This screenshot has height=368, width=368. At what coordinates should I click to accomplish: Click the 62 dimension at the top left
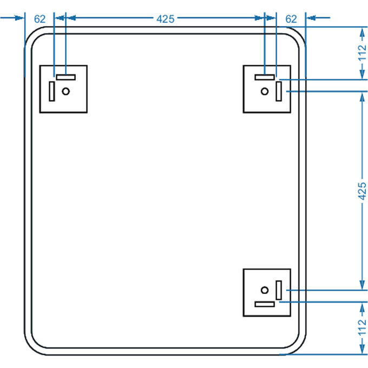click(x=40, y=18)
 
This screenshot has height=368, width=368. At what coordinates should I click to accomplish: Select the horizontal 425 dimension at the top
click(x=165, y=18)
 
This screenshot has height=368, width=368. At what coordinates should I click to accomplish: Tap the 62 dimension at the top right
click(x=291, y=18)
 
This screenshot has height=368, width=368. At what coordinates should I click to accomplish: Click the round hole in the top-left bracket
click(x=66, y=91)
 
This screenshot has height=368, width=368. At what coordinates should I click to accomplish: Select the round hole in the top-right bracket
click(x=264, y=91)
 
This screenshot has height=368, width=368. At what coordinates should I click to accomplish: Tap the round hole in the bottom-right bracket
click(x=264, y=289)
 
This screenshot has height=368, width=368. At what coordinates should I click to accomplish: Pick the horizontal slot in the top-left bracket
click(x=65, y=77)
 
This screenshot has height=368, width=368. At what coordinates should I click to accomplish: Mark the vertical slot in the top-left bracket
click(x=52, y=91)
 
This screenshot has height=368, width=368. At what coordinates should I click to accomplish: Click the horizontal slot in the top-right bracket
click(x=265, y=77)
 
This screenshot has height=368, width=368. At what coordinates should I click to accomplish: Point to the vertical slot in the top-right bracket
click(x=279, y=91)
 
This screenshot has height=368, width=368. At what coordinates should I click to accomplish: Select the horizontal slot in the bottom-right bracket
click(x=265, y=304)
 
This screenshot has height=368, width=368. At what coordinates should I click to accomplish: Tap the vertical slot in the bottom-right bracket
click(x=279, y=290)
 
